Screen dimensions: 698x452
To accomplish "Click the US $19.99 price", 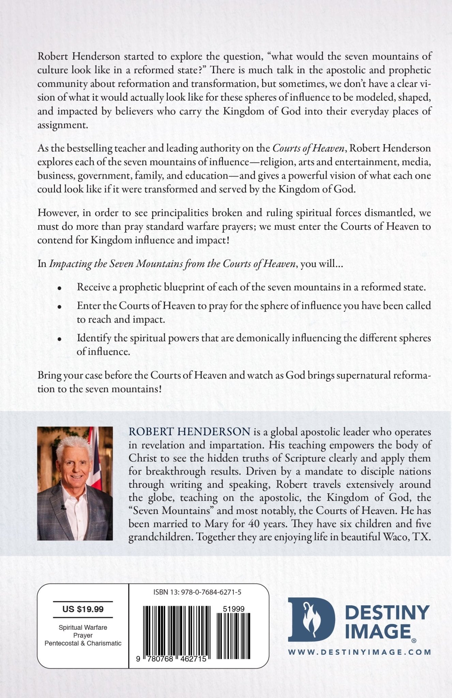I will pos(83,609).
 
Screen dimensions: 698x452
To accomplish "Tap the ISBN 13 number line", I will pos(197,592).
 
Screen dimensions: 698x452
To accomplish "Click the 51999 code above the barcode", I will pos(233,609).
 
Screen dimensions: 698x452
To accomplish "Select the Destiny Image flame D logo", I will pos(311,620).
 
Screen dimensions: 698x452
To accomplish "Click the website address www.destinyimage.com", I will pos(360,652).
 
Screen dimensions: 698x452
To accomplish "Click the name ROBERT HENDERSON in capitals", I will pos(190,432).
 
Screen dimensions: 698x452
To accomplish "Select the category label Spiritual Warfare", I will pos(83,627).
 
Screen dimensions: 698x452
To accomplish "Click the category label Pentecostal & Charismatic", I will pos(83,643).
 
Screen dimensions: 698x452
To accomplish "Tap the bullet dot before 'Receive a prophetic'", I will pos(60,288).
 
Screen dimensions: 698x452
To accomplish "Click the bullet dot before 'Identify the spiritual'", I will pos(60,339).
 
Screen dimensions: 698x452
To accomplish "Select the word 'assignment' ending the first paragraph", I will pos(62,125).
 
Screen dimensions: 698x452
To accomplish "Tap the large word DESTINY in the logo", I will pos(387,612).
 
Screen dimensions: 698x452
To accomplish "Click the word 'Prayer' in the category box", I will pos(83,635).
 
